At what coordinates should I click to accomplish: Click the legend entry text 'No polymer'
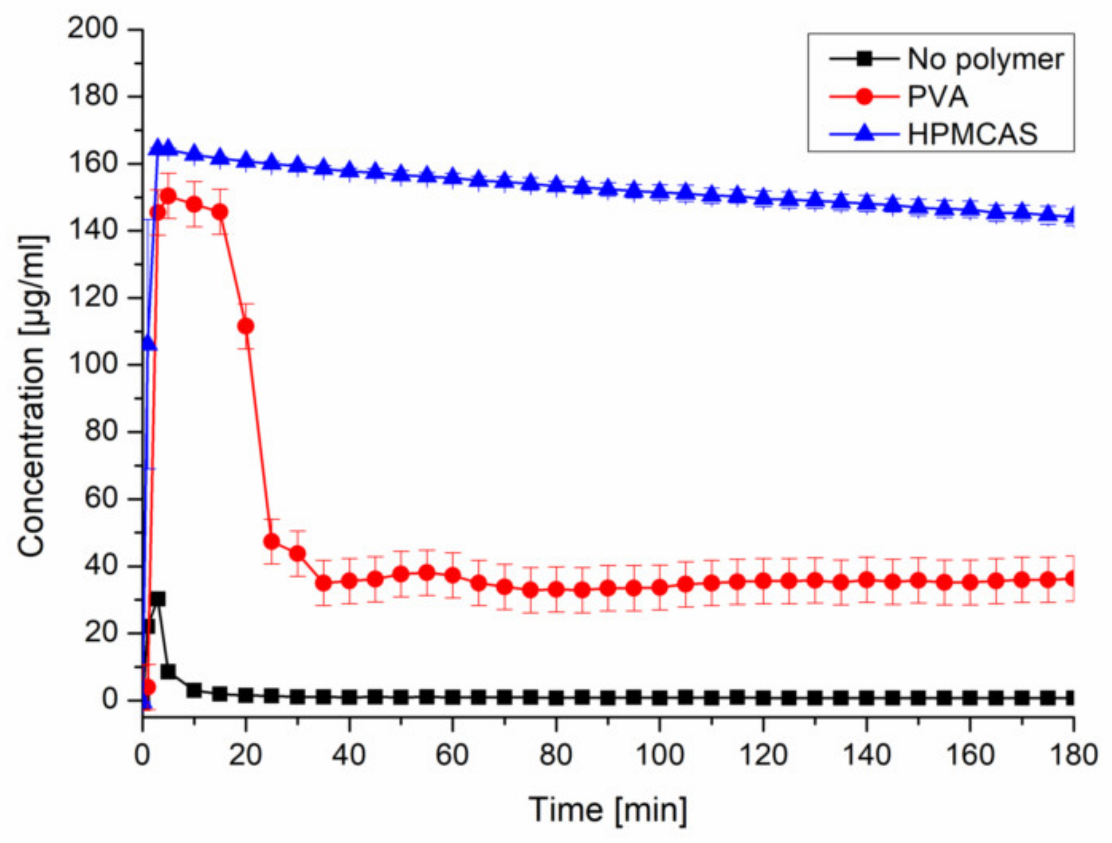click(985, 60)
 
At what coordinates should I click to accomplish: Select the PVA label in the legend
click(938, 97)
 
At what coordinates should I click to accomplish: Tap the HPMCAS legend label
click(972, 134)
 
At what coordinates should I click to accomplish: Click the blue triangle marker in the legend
click(864, 133)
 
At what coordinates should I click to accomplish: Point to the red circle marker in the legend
click(864, 96)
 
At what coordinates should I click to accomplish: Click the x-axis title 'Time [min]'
click(608, 810)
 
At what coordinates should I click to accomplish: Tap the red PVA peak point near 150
click(169, 196)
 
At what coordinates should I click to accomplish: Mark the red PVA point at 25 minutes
click(271, 542)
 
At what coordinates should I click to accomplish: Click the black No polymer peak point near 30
click(159, 599)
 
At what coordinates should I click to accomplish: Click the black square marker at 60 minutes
click(452, 697)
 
